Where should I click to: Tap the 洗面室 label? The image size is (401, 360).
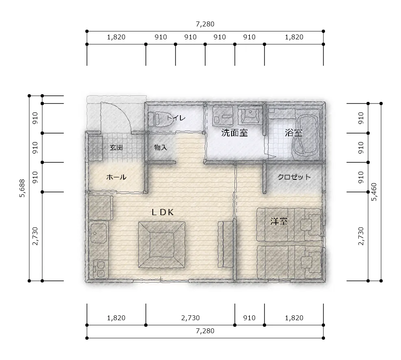[x=234, y=133]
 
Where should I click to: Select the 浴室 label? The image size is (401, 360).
[x=294, y=133]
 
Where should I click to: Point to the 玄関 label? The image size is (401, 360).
[x=116, y=147]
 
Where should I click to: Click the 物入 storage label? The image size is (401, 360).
[x=160, y=147]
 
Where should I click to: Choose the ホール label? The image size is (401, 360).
[x=116, y=177]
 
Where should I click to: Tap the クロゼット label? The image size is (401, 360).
[x=294, y=177]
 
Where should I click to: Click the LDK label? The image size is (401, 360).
[x=163, y=212]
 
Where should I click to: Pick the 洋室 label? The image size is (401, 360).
[x=279, y=221]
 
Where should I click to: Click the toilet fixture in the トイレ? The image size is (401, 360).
[x=160, y=119]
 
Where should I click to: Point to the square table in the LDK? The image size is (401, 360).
[x=162, y=244]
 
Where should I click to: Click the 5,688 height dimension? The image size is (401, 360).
[x=22, y=188]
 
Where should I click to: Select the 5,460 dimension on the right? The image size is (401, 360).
[x=374, y=192]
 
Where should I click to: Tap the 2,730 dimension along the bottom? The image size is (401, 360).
[x=190, y=318]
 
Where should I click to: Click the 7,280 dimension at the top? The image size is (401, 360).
[x=205, y=24]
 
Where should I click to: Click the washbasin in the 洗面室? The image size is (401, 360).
[x=249, y=116]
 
